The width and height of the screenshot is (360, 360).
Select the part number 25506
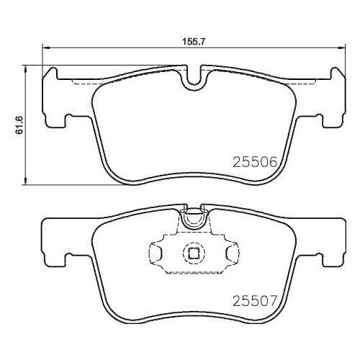pyautogui.click(x=256, y=163)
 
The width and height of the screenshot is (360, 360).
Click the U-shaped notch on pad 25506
pyautogui.click(x=193, y=81)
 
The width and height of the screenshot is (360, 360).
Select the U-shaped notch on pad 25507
pyautogui.click(x=193, y=218)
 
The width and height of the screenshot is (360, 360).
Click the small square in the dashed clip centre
pyautogui.click(x=193, y=253)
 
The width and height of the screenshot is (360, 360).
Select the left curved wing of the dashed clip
pyautogui.click(x=154, y=253)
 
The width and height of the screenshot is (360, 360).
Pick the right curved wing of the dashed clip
pyautogui.click(x=232, y=253)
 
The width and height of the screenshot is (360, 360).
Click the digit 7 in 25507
pyautogui.click(x=274, y=295)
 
